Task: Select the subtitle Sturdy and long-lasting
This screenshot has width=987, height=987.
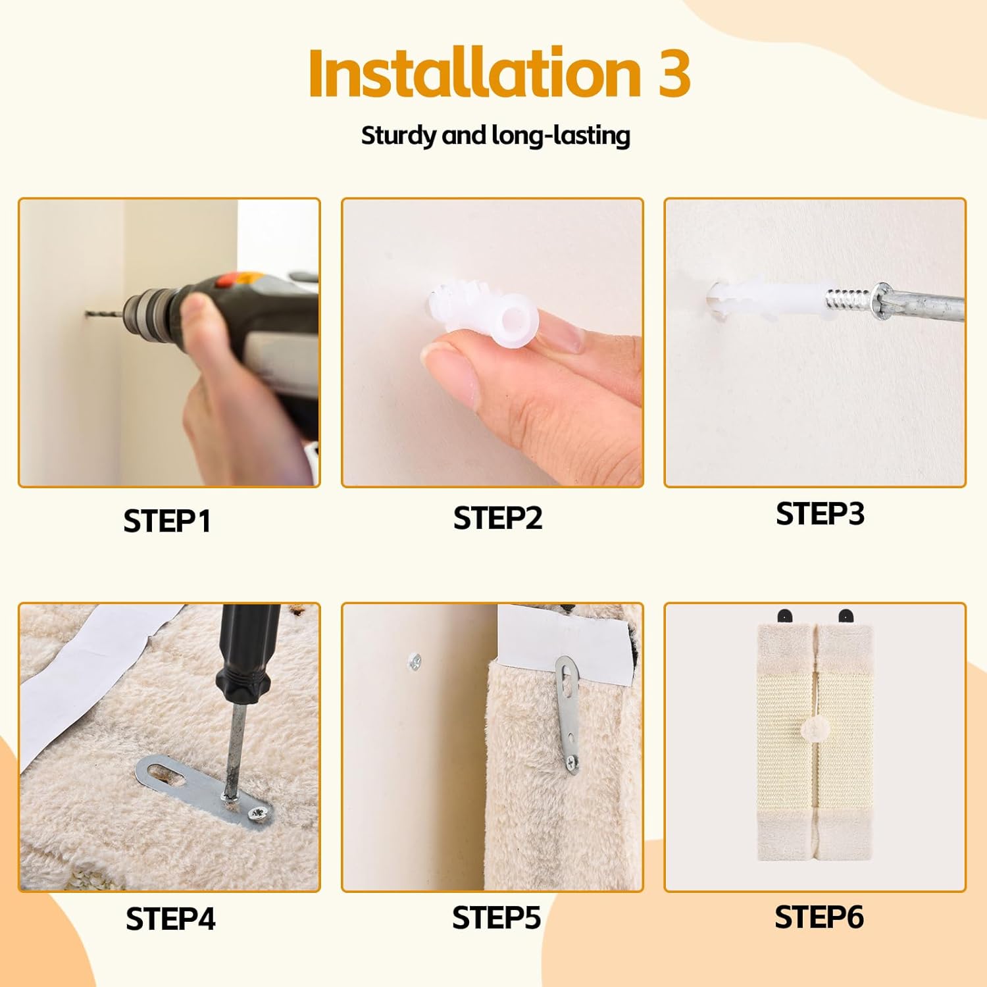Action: tap(495, 136)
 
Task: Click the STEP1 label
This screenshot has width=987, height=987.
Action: tap(167, 521)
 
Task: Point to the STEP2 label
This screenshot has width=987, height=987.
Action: tap(497, 518)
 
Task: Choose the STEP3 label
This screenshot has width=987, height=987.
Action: tap(820, 514)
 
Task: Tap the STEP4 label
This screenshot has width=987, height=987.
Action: tap(170, 919)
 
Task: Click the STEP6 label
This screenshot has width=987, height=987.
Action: tap(819, 917)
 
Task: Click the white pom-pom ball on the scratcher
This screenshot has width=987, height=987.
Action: tap(814, 730)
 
